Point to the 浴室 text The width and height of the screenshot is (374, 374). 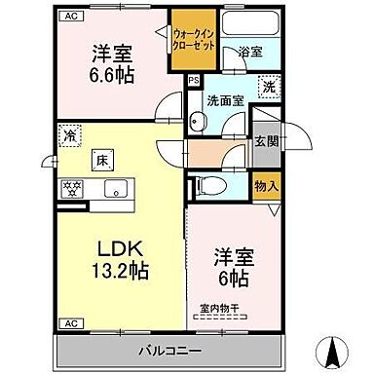click(x=249, y=55)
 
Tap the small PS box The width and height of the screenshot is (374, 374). click(x=193, y=79)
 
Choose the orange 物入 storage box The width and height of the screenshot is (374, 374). click(x=265, y=186)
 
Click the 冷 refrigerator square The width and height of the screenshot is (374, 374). click(x=68, y=136)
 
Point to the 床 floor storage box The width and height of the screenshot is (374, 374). click(x=100, y=159)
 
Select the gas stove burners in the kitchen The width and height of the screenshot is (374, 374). click(x=71, y=190)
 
